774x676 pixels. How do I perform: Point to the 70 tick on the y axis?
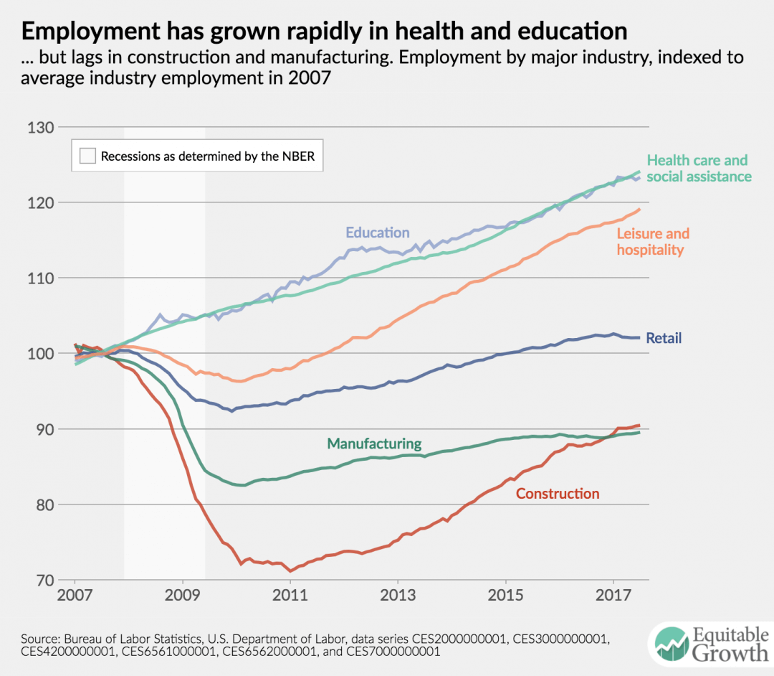[42, 580]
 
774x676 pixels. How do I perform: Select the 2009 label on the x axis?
[183, 596]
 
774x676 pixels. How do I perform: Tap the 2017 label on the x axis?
[613, 596]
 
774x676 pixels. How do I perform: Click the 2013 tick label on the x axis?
[398, 596]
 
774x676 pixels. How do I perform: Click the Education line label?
[378, 233]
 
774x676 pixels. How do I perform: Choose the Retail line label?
[664, 338]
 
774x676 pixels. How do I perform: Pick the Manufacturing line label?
[374, 443]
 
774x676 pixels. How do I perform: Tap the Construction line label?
[558, 494]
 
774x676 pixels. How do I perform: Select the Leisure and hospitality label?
[652, 242]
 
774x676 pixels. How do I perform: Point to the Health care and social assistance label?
[699, 168]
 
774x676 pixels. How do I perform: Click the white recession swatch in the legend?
[87, 156]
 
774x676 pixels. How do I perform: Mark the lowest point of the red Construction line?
[290, 571]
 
